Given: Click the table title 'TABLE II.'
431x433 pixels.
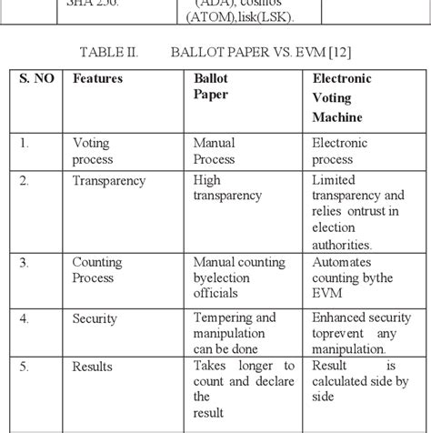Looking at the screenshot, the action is tap(109, 51).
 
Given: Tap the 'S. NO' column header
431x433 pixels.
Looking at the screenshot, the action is tap(37, 79).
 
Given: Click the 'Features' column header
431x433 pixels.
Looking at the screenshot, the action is tap(97, 79).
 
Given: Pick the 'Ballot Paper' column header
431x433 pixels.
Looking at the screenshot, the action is tap(212, 86).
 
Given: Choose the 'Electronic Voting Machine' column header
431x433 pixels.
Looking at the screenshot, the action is tap(341, 98).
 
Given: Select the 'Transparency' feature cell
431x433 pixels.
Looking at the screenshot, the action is tap(108, 180).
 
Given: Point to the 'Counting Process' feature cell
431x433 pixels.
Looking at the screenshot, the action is tap(96, 270).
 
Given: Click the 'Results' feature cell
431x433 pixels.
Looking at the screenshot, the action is tap(92, 367).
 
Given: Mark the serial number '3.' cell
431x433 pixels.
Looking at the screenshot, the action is tap(25, 263).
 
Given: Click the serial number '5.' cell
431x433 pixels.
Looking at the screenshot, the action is tap(25, 367).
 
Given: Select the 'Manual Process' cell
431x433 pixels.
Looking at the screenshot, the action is tap(215, 150).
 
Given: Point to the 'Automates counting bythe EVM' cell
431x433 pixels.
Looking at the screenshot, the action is tap(351, 277).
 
